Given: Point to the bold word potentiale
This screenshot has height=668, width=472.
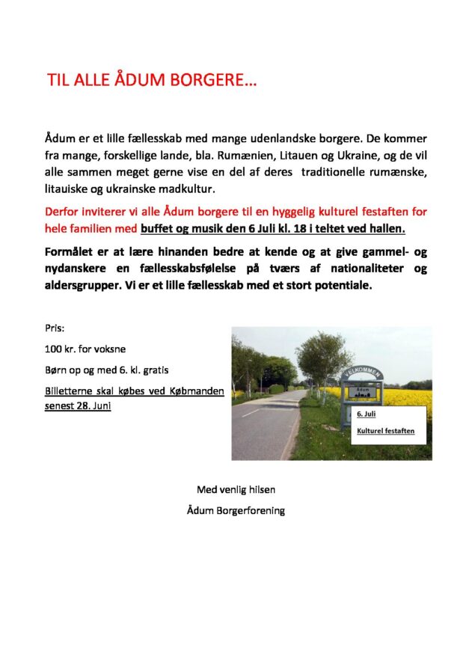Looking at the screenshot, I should point(341,285).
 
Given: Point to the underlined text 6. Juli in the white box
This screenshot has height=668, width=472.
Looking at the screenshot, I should point(367,414).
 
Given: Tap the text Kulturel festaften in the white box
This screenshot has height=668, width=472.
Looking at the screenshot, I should point(385,432).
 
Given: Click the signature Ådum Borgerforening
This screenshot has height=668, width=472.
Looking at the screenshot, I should point(236,511).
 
